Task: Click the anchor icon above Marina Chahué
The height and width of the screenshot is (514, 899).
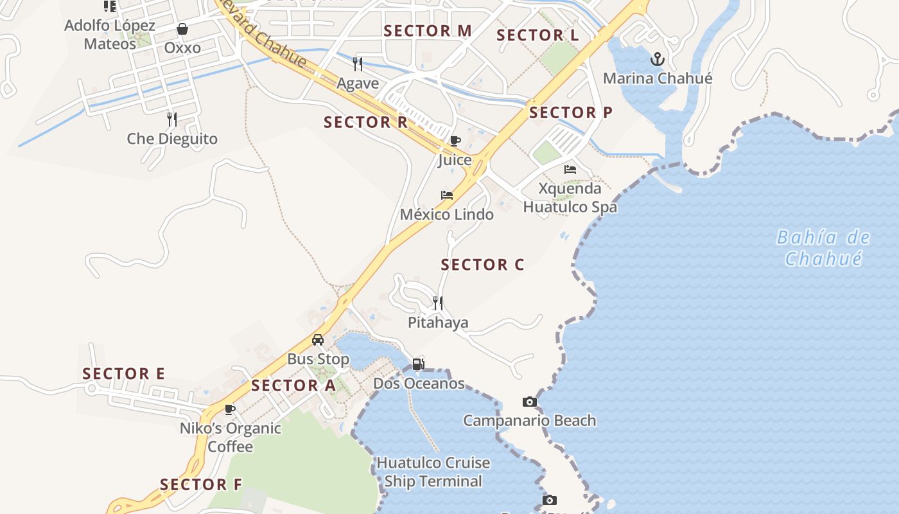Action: click(657, 60)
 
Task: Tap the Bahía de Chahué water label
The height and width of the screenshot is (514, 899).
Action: click(823, 248)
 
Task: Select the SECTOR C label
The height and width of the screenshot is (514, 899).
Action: click(482, 265)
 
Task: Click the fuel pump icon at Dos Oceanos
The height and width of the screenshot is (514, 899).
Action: click(418, 364)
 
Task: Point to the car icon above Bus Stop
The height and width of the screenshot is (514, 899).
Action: click(318, 340)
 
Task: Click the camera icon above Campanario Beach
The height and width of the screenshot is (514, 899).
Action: click(529, 402)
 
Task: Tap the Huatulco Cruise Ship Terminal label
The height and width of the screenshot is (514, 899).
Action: click(433, 472)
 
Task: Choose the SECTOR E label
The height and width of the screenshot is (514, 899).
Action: click(124, 374)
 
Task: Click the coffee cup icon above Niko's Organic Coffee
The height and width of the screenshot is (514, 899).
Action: click(230, 409)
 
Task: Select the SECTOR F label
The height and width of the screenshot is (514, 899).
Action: click(201, 485)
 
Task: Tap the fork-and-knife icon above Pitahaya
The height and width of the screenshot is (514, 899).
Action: click(438, 303)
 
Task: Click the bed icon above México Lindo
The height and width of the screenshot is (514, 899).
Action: click(447, 195)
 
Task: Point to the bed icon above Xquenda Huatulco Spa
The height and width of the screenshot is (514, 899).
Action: click(570, 170)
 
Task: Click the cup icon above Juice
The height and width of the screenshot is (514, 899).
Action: click(455, 141)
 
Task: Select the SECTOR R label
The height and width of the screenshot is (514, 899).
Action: click(365, 122)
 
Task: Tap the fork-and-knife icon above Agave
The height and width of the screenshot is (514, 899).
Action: click(358, 64)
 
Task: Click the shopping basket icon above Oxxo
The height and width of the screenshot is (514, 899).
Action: click(182, 29)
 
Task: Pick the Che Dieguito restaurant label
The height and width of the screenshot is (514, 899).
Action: click(172, 139)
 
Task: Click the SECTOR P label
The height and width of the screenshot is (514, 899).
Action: click(571, 112)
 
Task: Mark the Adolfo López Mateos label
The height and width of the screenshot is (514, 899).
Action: click(110, 35)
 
